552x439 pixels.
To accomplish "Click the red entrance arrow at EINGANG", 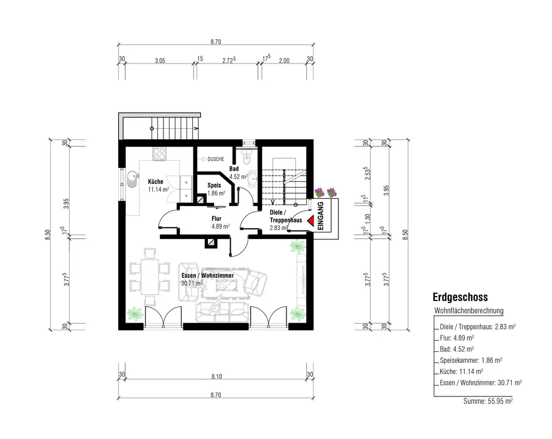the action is (x=311, y=220).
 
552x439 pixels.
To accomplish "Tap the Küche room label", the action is (x=156, y=182).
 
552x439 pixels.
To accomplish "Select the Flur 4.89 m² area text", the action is (x=221, y=226).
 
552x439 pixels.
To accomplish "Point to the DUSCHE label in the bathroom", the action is (x=215, y=159).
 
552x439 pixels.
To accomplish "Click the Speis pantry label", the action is (x=214, y=185).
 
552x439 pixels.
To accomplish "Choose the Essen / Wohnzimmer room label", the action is (x=208, y=276).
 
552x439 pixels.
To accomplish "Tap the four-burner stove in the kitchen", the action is (x=159, y=154).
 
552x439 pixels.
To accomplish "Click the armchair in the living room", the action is (x=255, y=282).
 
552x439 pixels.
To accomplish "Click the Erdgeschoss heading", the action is (x=460, y=297).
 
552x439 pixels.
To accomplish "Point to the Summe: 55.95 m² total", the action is (x=488, y=401).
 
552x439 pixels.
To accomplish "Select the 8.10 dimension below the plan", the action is (x=216, y=377).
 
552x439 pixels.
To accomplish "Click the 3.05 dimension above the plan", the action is (x=160, y=61).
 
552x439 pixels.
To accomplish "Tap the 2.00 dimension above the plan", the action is (x=284, y=61).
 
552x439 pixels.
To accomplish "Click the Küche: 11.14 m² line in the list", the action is (x=461, y=372).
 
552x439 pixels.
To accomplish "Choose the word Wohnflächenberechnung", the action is (x=469, y=311).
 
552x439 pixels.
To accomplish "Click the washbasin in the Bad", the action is (x=253, y=179).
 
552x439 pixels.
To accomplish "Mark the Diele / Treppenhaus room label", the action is (x=286, y=216).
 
